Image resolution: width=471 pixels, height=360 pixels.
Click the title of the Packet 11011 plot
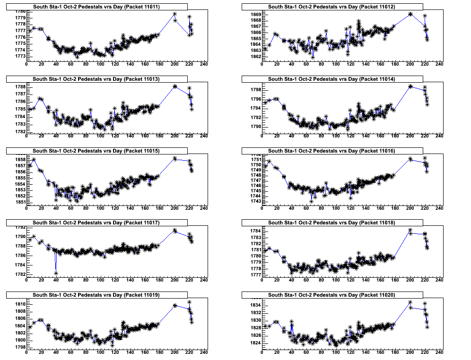[x=96, y=7]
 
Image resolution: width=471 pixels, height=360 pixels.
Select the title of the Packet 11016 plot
[x=332, y=151]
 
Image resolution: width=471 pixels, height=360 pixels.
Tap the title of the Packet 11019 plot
[x=96, y=295]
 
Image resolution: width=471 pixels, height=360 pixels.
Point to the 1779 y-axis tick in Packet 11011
[x=20, y=17]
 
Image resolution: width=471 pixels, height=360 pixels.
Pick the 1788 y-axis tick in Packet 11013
[x=20, y=87]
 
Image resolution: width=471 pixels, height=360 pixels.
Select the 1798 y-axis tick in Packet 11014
[x=255, y=90]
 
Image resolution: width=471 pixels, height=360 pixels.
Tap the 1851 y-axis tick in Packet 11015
[x=20, y=202]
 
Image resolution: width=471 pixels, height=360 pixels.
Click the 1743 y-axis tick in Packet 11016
[x=255, y=201]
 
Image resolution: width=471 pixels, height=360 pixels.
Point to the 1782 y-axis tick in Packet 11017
[x=20, y=274]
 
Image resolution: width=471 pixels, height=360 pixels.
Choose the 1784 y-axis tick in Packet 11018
[x=255, y=231]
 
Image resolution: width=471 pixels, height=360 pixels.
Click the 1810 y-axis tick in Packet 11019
[x=20, y=304]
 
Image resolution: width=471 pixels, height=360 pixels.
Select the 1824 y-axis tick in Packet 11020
[x=255, y=343]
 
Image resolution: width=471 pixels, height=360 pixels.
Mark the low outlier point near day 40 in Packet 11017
[x=56, y=273]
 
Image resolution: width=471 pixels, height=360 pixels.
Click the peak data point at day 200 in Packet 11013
[x=175, y=86]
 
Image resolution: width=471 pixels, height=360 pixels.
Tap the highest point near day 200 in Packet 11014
[x=410, y=86]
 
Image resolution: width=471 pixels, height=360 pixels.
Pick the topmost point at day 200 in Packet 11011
[x=175, y=14]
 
